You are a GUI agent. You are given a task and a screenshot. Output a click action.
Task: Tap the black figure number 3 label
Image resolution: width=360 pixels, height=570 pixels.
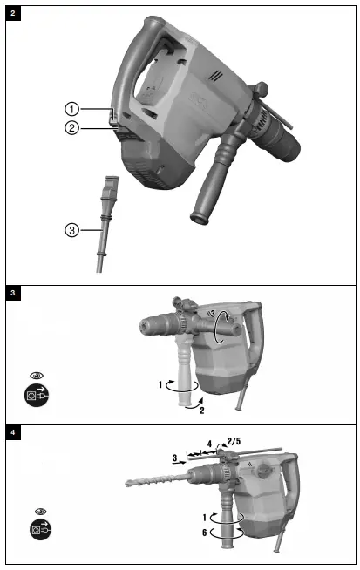point(12,293)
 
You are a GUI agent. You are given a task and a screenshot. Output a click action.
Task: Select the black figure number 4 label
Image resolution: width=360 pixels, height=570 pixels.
point(12,432)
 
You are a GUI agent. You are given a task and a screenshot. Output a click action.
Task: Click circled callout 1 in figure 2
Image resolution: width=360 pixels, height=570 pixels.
point(72,109)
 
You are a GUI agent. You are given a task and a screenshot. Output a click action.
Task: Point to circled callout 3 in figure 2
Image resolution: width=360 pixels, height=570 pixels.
point(72,230)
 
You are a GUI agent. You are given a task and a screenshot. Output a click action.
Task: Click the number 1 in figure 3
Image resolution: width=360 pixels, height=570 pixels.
point(160,383)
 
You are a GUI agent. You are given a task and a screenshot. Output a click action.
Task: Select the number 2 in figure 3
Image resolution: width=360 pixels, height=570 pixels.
point(201,409)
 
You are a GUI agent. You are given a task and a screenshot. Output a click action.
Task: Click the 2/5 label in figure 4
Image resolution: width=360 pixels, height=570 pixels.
point(234,442)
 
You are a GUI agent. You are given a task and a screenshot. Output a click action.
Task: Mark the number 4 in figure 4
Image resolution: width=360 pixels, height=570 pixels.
point(208,443)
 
